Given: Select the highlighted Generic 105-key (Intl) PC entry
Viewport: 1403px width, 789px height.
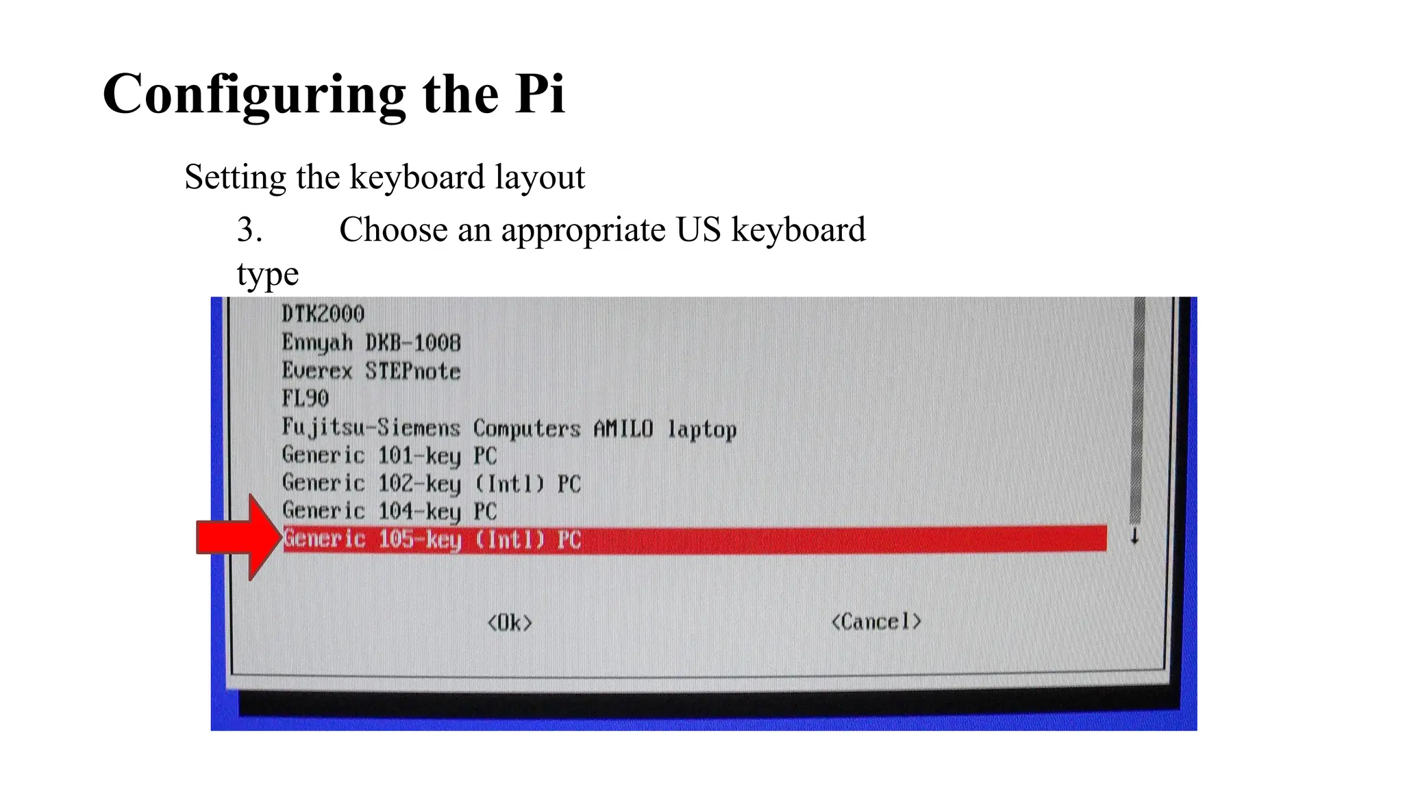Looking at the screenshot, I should [432, 539].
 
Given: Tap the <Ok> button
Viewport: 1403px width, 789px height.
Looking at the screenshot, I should [510, 623].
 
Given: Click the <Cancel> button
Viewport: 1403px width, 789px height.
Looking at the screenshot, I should [876, 622].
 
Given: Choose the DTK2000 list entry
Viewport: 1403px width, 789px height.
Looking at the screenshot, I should [323, 314].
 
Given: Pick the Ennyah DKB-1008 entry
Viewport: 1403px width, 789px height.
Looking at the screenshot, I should [371, 342].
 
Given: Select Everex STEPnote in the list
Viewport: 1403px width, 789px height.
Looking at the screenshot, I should [371, 371].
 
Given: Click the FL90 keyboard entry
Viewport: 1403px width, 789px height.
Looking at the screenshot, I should [306, 399].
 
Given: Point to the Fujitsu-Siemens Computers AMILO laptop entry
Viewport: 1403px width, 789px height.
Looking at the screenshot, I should [509, 429].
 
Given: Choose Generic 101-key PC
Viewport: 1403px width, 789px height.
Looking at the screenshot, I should [389, 455].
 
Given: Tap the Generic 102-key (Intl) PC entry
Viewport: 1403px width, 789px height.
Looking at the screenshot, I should [432, 484].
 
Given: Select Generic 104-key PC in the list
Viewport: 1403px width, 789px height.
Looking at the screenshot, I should [389, 511].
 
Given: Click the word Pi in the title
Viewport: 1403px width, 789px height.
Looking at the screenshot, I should [540, 94].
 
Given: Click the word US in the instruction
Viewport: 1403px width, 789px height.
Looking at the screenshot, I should [698, 229].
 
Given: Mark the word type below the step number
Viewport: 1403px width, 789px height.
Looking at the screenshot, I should [268, 275].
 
